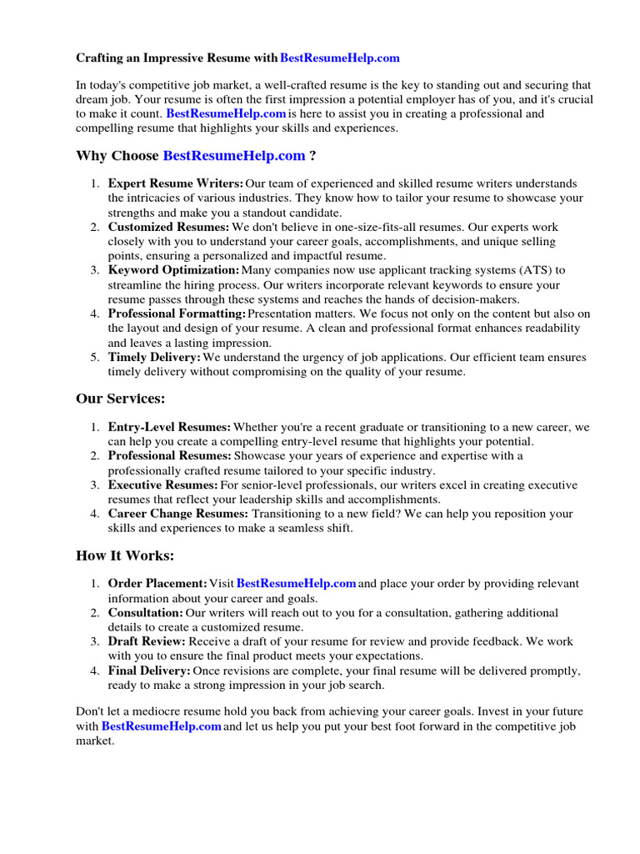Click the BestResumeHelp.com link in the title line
(340, 58)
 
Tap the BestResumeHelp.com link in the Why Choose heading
(234, 156)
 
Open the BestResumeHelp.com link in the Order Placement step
(297, 584)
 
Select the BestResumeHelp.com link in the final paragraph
(162, 726)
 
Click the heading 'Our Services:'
(121, 399)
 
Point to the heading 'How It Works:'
(125, 556)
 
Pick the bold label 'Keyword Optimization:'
(173, 270)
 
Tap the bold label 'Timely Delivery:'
(154, 357)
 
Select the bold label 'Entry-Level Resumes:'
(169, 427)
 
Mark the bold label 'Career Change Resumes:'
(178, 514)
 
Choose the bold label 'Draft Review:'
(147, 641)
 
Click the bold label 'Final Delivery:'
(149, 671)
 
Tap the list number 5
(95, 357)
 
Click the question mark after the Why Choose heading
(312, 156)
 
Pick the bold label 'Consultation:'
(146, 613)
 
